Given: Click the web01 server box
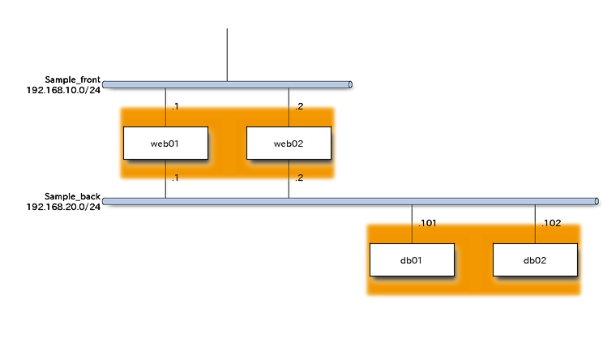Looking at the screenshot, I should [165, 143].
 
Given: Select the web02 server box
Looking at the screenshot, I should [289, 143].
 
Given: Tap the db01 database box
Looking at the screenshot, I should [412, 259].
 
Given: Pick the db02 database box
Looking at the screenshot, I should [535, 259].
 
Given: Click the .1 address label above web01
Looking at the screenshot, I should [176, 106].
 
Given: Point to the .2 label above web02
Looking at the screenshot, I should [299, 106].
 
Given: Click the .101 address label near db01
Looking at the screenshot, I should [426, 222].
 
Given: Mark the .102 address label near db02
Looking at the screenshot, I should [550, 222].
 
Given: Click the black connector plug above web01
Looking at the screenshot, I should [166, 99].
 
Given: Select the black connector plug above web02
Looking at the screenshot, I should [289, 99].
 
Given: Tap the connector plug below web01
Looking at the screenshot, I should [166, 189].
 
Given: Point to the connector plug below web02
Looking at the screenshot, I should [289, 189].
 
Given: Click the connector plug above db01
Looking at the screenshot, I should [412, 216].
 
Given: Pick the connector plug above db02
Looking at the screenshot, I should [535, 216].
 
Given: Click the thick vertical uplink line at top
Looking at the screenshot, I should [227, 53].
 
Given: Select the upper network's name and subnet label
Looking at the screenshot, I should [64, 85].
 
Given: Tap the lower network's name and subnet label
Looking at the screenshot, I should [64, 202].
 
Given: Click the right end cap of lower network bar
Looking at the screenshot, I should [597, 200].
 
